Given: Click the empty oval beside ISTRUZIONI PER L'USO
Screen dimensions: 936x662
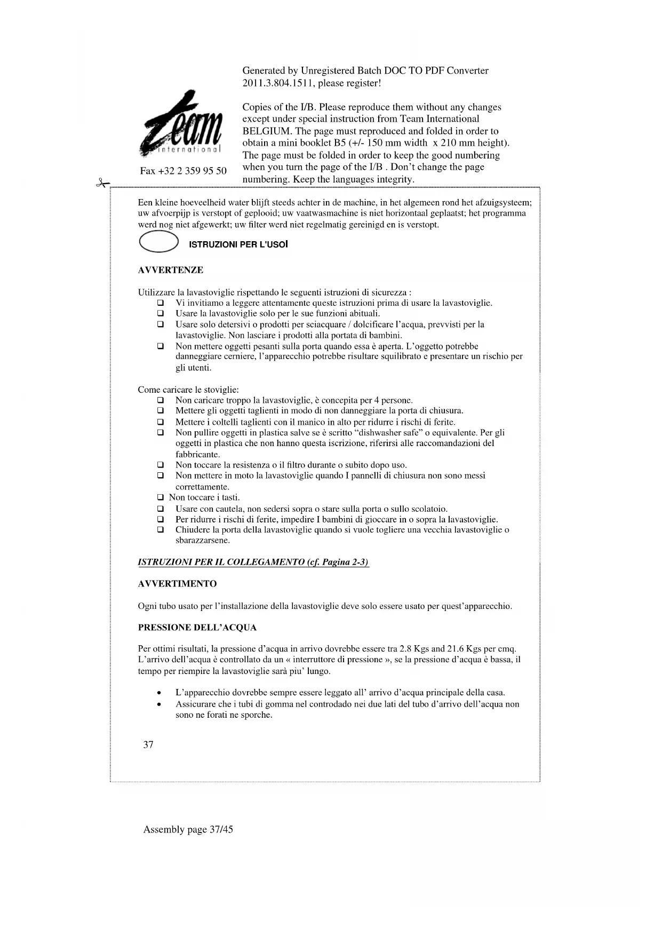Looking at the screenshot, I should click(158, 243).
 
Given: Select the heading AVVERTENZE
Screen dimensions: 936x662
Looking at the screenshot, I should click(171, 270).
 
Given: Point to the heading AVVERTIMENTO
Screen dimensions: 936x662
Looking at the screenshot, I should click(177, 584).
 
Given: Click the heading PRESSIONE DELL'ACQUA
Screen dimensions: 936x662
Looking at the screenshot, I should click(197, 628).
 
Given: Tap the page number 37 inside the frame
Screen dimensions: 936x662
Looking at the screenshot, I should click(148, 744).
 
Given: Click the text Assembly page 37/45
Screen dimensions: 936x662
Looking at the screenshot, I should click(188, 829).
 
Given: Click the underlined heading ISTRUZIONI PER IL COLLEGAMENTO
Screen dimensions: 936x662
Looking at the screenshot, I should click(253, 562).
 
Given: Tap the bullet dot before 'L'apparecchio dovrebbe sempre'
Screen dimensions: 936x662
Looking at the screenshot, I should click(159, 693).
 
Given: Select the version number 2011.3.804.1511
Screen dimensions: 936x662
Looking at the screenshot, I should click(277, 83).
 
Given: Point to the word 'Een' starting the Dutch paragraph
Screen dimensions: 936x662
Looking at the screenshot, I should click(145, 203).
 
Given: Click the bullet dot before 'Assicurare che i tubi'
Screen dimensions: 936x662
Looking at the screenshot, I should click(159, 704).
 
